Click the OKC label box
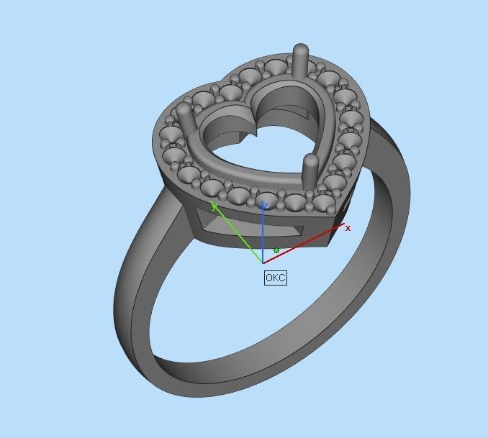(x=276, y=277)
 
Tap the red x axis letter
(x=348, y=228)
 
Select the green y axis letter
(x=214, y=206)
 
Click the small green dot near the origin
(x=276, y=250)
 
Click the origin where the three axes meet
(x=263, y=263)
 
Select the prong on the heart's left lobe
(x=184, y=119)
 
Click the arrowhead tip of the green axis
(x=212, y=203)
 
